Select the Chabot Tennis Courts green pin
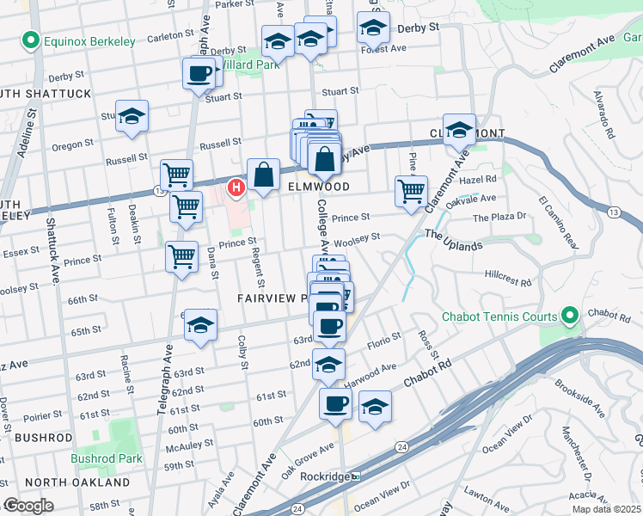[x=568, y=316]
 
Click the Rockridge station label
[x=323, y=476]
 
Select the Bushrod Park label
[x=107, y=458]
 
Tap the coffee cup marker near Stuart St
[x=199, y=74]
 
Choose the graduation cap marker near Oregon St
[x=132, y=117]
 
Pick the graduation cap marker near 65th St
[x=201, y=326]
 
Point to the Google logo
[x=28, y=506]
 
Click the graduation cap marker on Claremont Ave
[x=459, y=131]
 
